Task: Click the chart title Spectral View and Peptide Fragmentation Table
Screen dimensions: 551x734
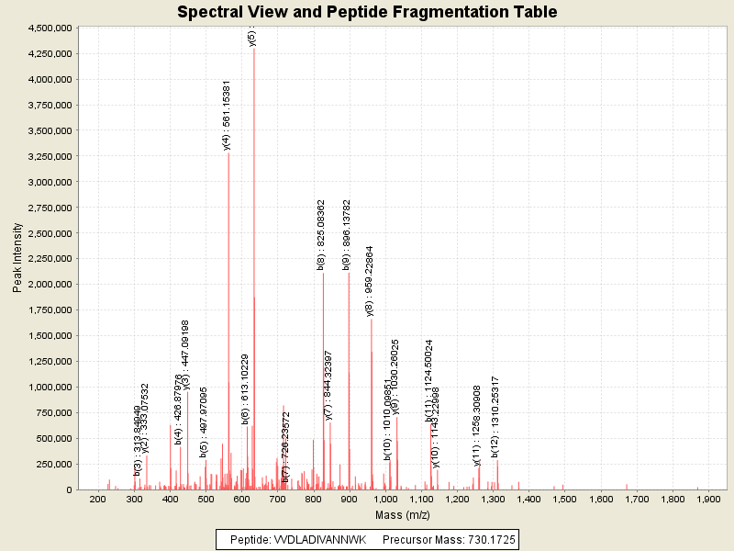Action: [367, 12]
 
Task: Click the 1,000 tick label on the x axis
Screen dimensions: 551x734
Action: [384, 499]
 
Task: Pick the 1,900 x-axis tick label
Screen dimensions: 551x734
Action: [708, 499]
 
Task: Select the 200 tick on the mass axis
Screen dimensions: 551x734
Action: [97, 499]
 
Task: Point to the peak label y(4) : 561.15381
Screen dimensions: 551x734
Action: [227, 115]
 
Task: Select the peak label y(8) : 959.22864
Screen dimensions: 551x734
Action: [369, 280]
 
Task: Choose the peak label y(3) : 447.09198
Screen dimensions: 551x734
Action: [185, 354]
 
